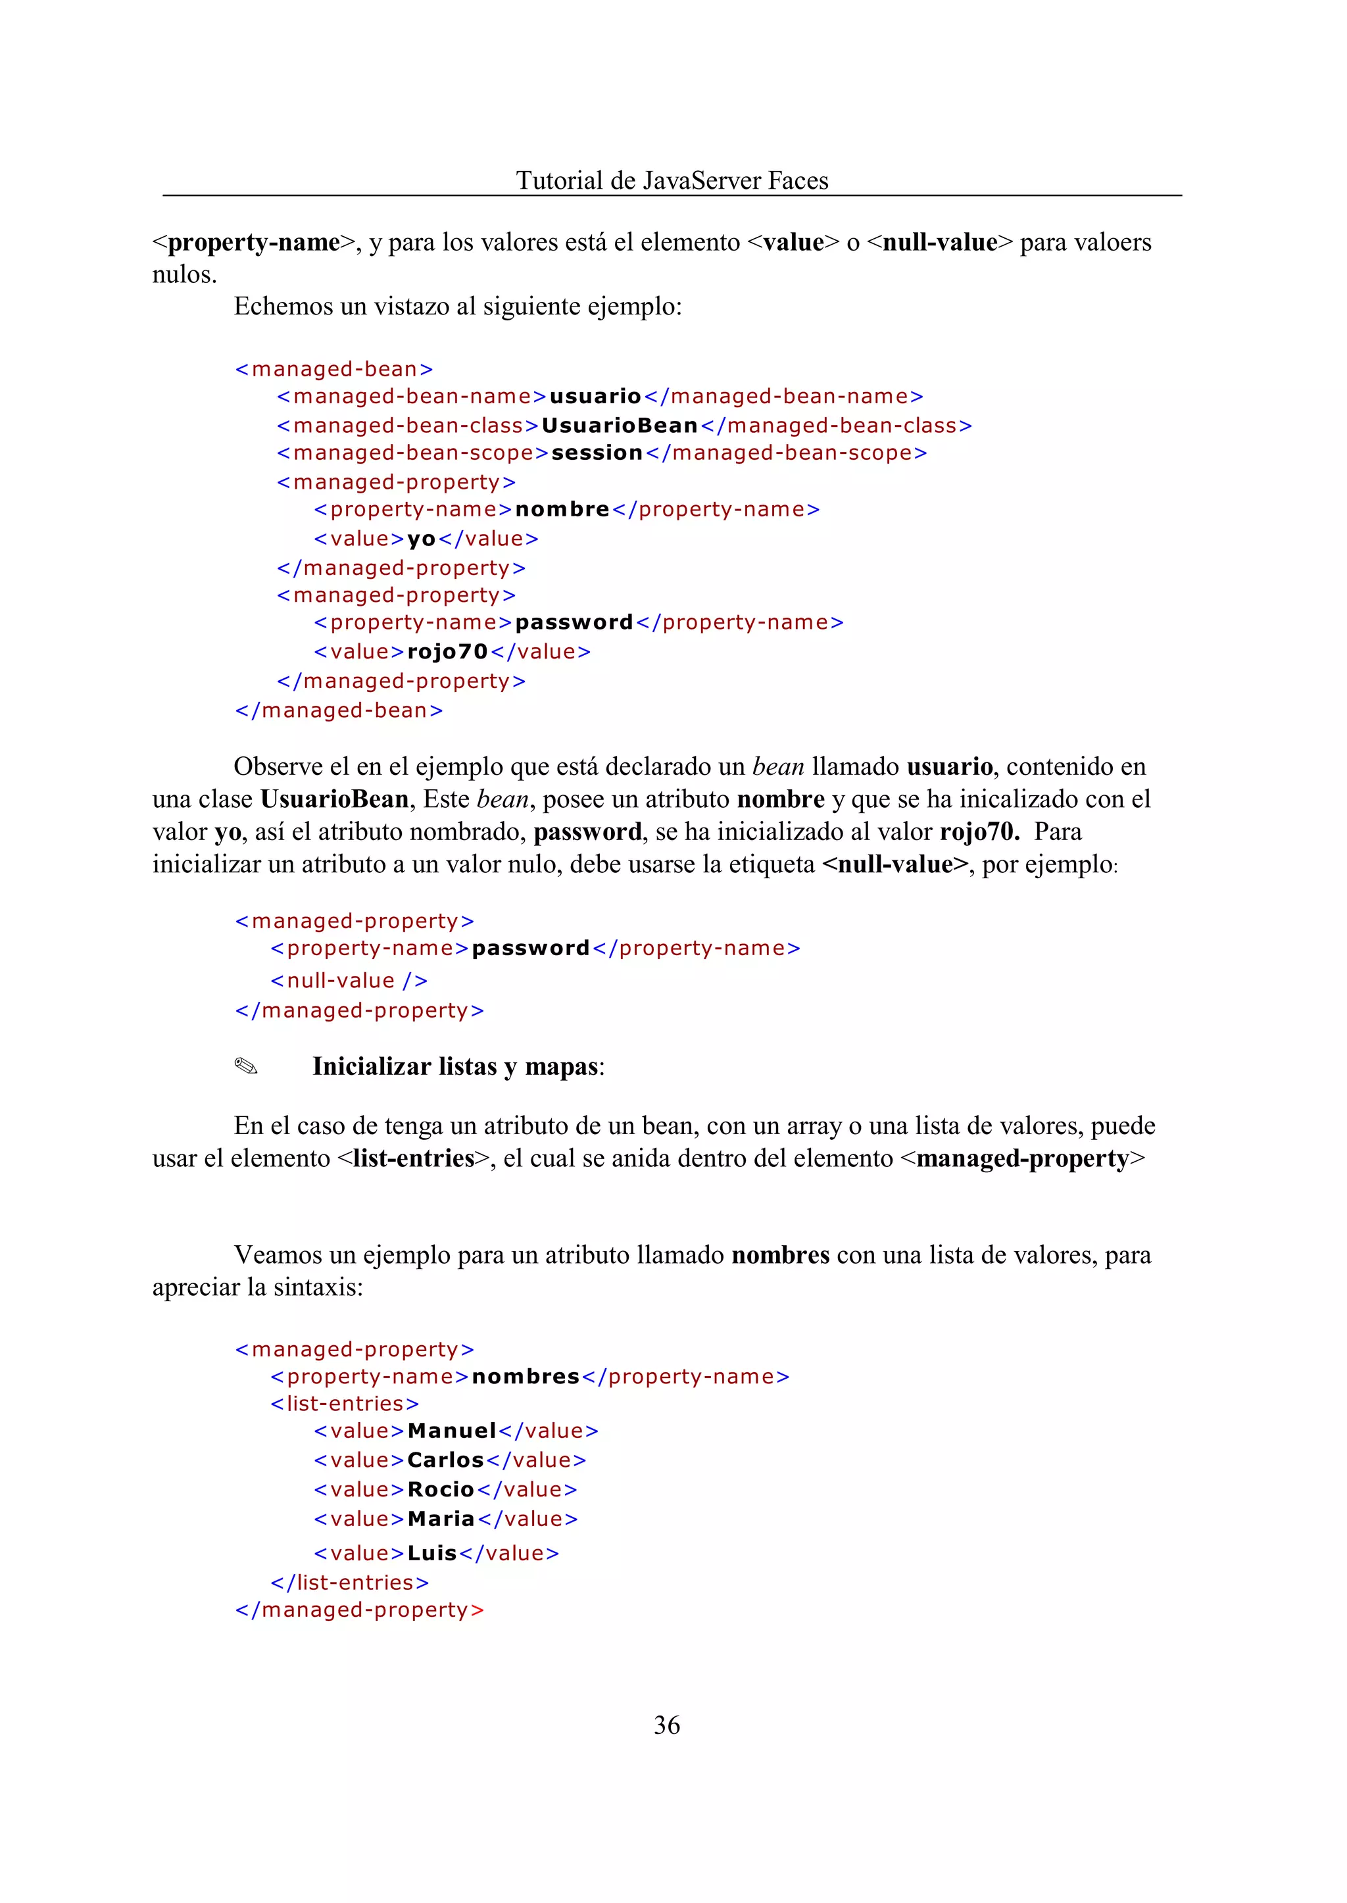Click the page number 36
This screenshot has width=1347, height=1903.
[666, 1725]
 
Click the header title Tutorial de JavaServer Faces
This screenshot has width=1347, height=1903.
[672, 180]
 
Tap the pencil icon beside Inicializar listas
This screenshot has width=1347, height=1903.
[247, 1066]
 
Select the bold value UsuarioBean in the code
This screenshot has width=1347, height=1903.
[620, 426]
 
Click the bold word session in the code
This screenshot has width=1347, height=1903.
[597, 453]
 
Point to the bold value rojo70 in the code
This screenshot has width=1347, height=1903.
[447, 652]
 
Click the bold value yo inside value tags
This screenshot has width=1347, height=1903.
[422, 539]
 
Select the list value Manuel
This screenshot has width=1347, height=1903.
[451, 1431]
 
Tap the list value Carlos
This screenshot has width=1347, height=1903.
[445, 1460]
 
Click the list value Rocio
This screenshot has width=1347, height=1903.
[441, 1490]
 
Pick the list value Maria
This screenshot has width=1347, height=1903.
[441, 1519]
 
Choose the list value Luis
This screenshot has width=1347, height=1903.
[432, 1553]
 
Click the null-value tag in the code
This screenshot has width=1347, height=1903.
[349, 981]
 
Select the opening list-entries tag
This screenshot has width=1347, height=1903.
[344, 1404]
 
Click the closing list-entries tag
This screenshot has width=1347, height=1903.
[349, 1582]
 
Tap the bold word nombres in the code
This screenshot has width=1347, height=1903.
[525, 1376]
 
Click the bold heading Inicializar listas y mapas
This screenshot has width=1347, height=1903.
[457, 1066]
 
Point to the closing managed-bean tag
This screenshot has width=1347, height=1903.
[339, 710]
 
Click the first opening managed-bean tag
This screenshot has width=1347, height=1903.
[333, 369]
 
